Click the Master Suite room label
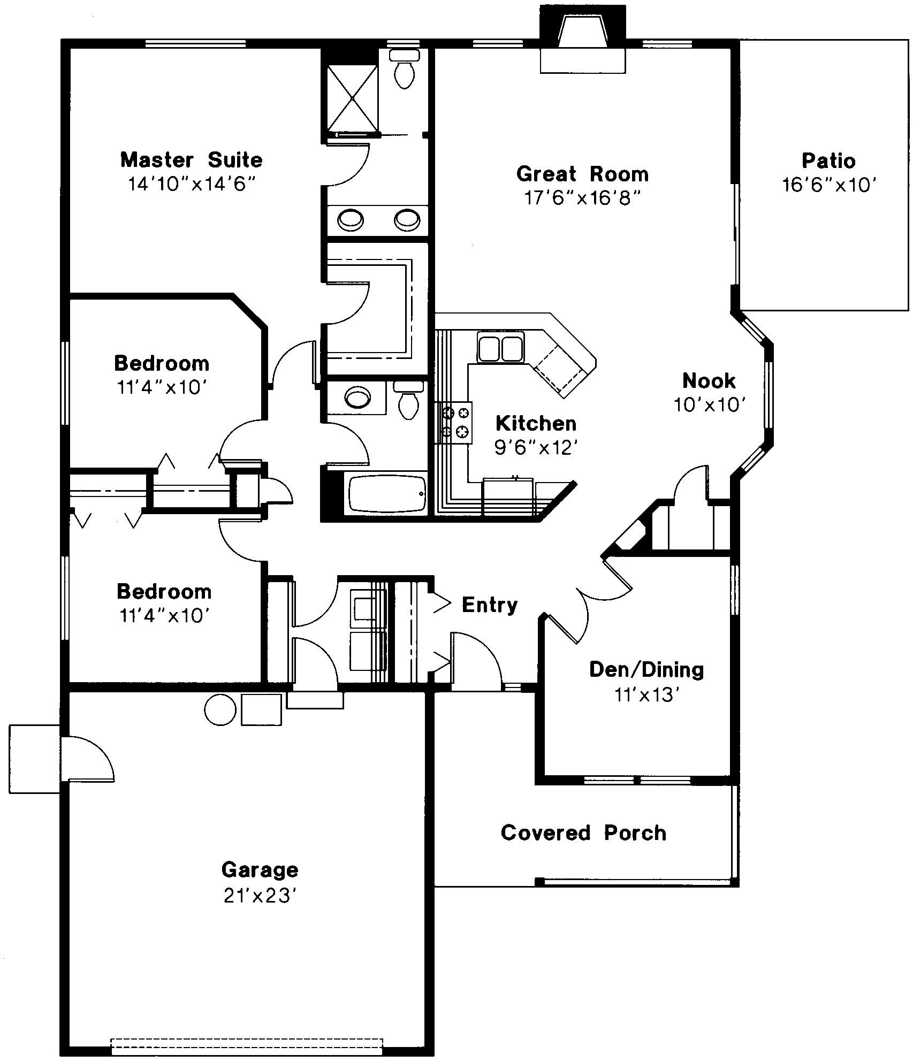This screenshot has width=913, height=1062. tap(191, 160)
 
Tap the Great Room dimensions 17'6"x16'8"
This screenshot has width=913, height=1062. tap(582, 198)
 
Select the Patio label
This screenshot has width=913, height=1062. tap(828, 161)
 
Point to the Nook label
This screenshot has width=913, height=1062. tap(709, 381)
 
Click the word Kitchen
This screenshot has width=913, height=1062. tap(536, 423)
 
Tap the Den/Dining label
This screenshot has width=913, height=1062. tap(646, 670)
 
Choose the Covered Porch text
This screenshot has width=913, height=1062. tap(583, 833)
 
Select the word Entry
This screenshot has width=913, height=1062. tap(490, 605)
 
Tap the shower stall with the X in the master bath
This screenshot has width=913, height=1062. tap(352, 97)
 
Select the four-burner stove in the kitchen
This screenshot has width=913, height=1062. tap(455, 422)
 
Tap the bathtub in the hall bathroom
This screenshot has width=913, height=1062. tap(387, 493)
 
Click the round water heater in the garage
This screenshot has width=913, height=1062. tap(220, 709)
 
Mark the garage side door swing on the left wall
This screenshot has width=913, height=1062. tap(87, 759)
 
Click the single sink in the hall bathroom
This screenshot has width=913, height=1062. tap(357, 397)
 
